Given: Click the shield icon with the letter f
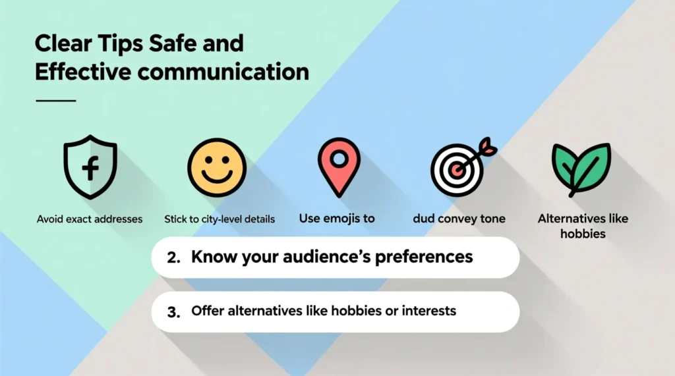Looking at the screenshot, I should point(90,167).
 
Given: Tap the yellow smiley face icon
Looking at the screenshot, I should point(216,167).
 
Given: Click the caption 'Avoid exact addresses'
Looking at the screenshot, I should point(90,219).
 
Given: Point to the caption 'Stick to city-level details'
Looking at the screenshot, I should point(220,219).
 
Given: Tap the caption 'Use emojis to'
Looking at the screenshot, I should point(337,218).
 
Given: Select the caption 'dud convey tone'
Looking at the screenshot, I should point(459,219).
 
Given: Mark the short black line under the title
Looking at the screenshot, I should point(56,101).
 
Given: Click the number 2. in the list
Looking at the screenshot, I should point(174,257).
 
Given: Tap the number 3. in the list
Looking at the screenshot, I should point(174,311).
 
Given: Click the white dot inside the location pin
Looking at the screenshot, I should point(338,159).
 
